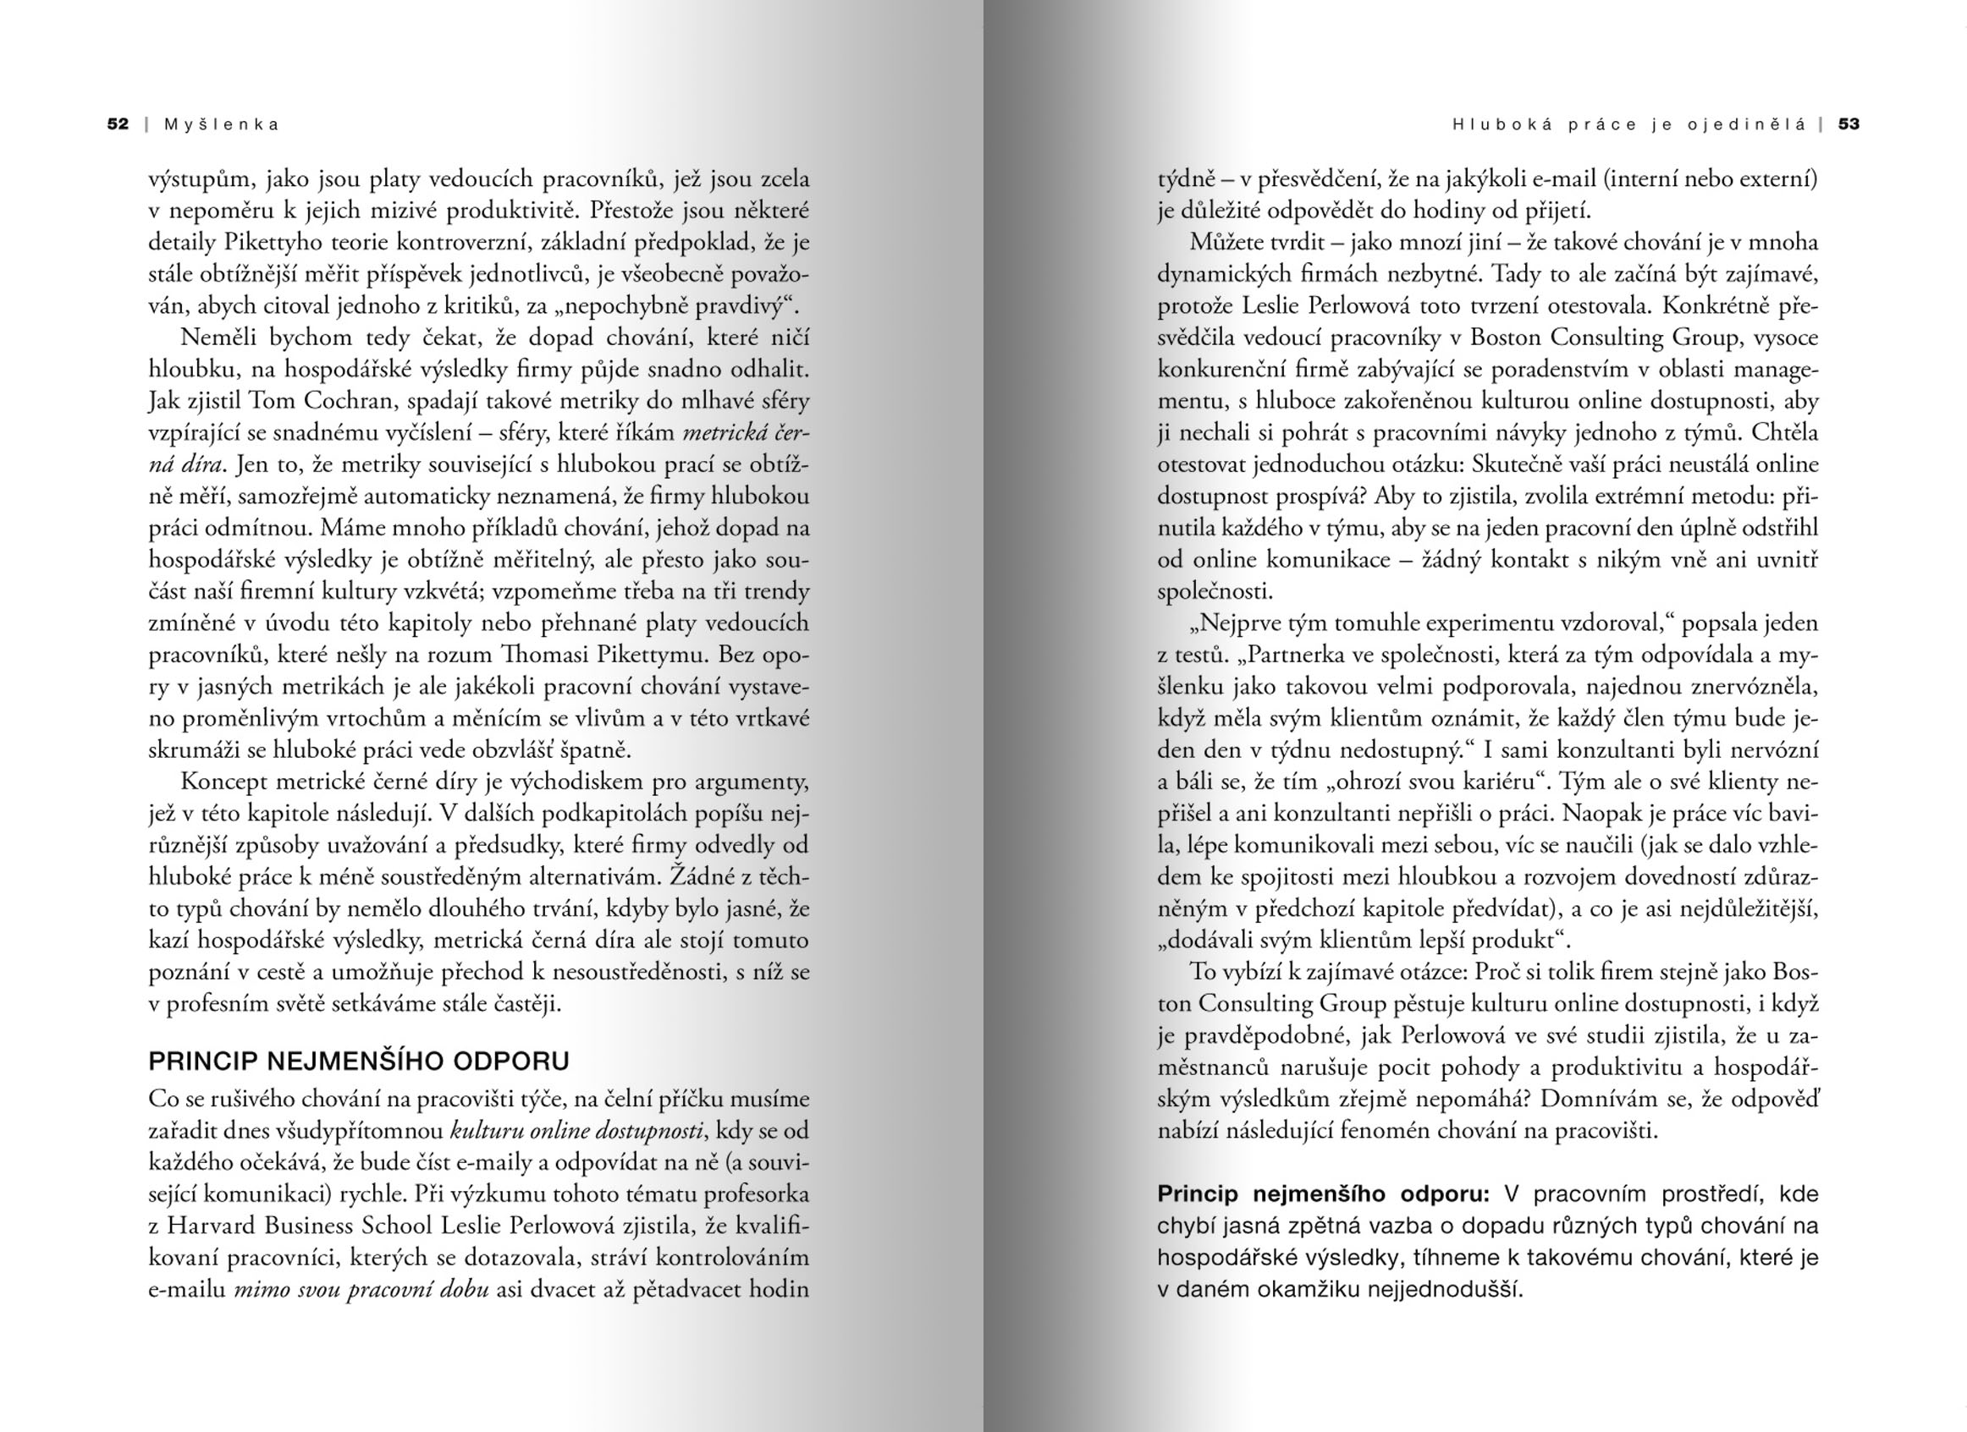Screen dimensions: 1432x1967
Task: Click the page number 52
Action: click(118, 124)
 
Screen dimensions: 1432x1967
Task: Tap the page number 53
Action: click(1849, 124)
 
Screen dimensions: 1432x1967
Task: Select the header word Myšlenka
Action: click(222, 124)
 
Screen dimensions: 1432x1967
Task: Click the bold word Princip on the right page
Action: click(1198, 1194)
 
